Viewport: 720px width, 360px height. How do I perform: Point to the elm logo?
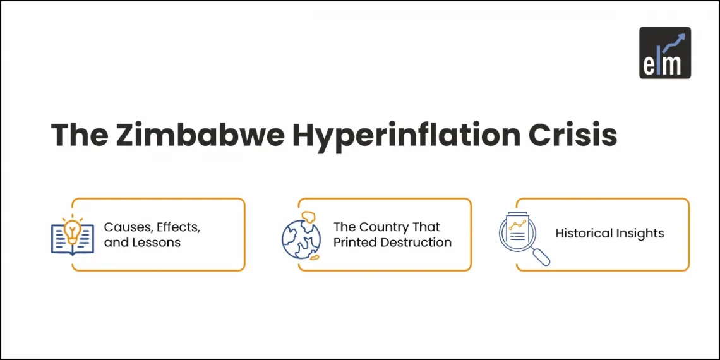(x=664, y=52)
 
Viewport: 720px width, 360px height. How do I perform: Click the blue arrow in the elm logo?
(x=675, y=42)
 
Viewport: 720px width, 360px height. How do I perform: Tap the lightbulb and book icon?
(x=72, y=236)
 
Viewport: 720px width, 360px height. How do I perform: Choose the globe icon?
(x=302, y=235)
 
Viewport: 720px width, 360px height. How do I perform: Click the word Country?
(x=384, y=227)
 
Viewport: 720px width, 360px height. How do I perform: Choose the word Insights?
(x=640, y=234)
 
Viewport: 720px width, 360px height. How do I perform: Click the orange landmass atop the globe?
(x=309, y=219)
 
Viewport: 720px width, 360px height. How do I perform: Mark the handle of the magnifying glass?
(x=542, y=257)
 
